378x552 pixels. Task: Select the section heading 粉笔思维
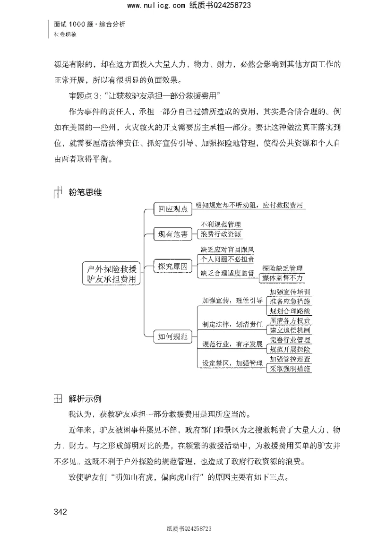pyautogui.click(x=85, y=192)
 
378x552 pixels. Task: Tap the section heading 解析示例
pyautogui.click(x=85, y=398)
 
